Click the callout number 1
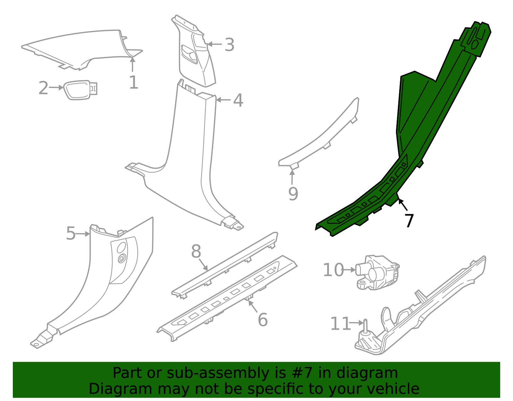(x=133, y=83)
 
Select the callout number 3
(x=229, y=45)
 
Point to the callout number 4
(x=238, y=100)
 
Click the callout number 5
(x=71, y=233)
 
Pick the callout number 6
(x=263, y=320)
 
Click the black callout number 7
(x=409, y=221)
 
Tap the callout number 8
(x=196, y=251)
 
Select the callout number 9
(x=293, y=194)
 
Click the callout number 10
(x=333, y=270)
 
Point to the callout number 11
(x=340, y=324)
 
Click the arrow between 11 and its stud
(x=356, y=323)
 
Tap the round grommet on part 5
(x=122, y=258)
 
